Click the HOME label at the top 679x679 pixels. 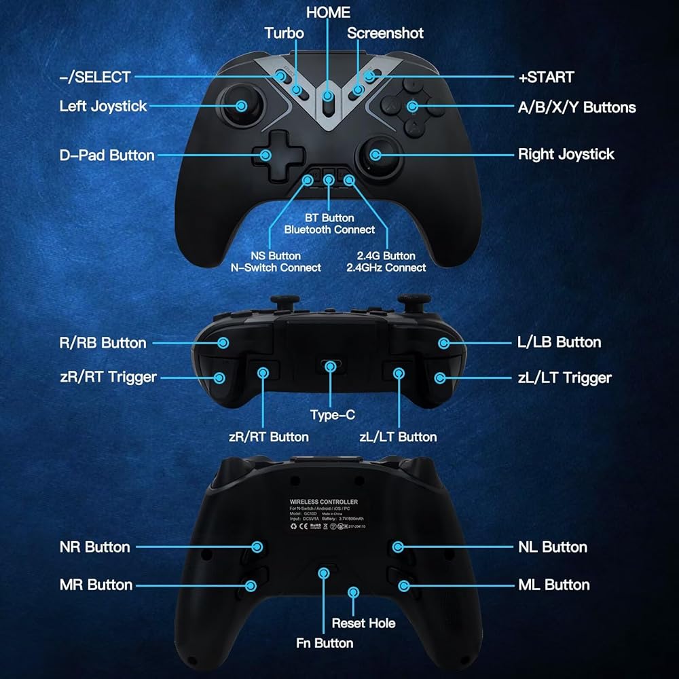coord(328,12)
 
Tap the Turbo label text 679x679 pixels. coord(284,33)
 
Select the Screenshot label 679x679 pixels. coord(385,33)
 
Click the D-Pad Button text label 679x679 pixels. coord(107,155)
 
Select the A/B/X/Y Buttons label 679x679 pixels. coord(576,107)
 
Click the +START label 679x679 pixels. coord(546,77)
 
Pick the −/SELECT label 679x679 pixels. coord(94,77)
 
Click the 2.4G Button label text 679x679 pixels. coord(386,255)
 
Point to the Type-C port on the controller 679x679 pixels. coord(330,367)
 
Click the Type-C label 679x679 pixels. coord(333,415)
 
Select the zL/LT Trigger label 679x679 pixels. coord(564,378)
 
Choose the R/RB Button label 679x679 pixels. coord(103,343)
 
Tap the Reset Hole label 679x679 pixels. coord(363,623)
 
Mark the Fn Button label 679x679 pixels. coord(325,643)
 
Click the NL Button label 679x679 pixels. coord(552,547)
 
